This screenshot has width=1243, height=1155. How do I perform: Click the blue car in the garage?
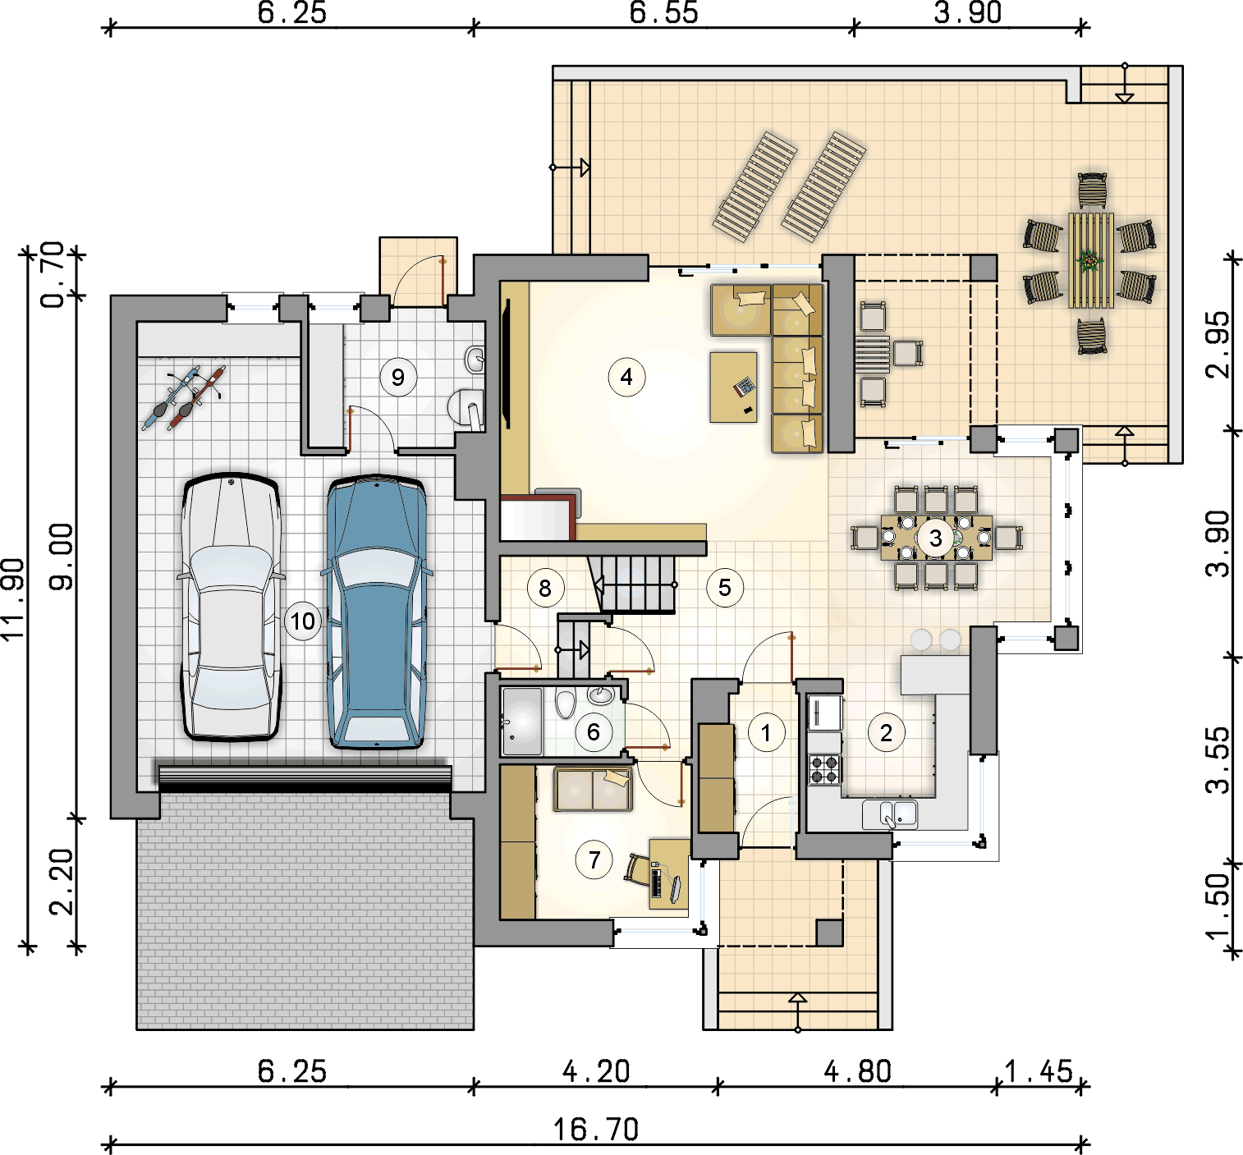[376, 612]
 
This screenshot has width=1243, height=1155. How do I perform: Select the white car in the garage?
[231, 606]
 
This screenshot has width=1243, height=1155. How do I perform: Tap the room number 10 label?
[303, 621]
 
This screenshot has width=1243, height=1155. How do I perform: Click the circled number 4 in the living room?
[626, 377]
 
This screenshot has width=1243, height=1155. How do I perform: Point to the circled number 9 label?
[398, 377]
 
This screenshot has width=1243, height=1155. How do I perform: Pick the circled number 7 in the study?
[594, 860]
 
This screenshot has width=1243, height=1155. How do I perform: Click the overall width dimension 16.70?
[596, 1130]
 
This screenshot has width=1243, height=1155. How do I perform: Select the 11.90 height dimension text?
[13, 599]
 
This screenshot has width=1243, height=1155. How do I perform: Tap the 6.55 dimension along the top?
[663, 12]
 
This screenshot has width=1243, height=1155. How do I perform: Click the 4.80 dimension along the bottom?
[857, 1072]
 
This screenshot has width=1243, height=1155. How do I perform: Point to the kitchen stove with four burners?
[824, 770]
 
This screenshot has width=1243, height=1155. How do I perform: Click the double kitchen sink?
[890, 814]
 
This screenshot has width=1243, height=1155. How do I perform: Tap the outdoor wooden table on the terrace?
[1091, 260]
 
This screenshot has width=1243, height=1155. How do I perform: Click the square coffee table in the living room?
[733, 387]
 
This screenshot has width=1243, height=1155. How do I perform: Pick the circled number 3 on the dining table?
[936, 538]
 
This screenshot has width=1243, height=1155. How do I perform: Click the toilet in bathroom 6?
[565, 703]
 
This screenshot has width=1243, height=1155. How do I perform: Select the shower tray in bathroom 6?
[522, 722]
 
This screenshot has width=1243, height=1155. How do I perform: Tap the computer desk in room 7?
[669, 874]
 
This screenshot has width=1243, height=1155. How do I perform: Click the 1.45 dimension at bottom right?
[1039, 1072]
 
